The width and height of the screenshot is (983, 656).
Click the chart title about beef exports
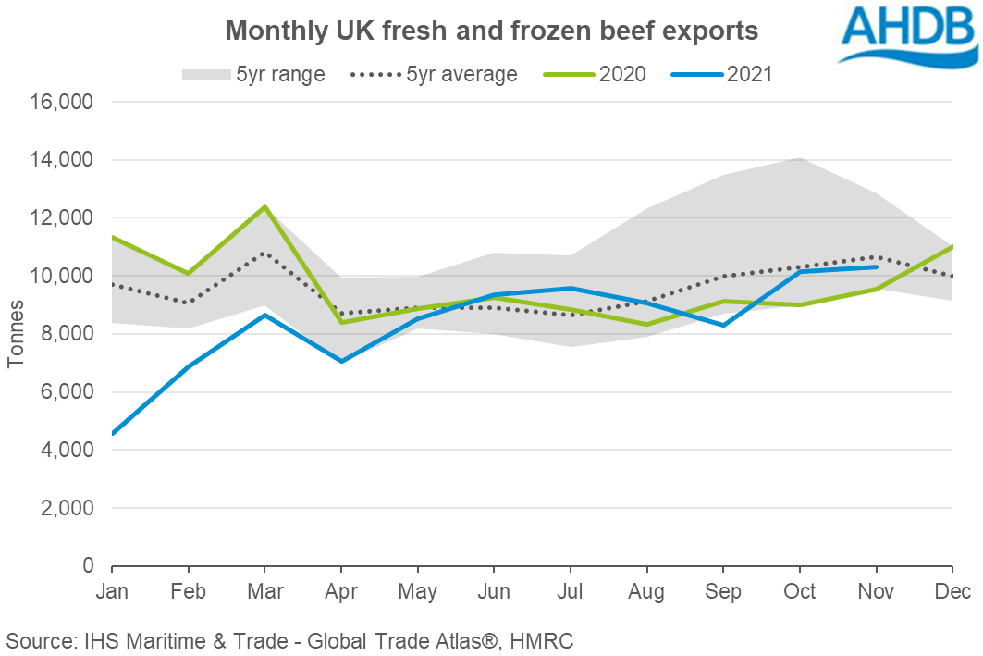coord(492,31)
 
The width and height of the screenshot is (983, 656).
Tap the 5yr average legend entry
coord(435,74)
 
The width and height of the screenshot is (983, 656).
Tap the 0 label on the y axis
coord(89,566)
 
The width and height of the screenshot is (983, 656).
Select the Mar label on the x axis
coord(264,590)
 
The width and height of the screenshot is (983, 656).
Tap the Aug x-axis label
coord(646,590)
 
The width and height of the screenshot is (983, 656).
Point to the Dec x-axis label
coord(951,590)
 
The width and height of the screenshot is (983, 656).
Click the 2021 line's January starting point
coord(112,433)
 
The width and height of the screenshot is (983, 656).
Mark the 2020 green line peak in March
coord(264,206)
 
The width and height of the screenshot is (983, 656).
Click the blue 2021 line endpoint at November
coord(876,266)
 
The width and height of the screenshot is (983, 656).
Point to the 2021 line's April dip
coord(341,361)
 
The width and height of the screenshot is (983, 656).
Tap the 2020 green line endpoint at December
coord(952,246)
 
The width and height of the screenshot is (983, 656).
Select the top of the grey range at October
coord(799,157)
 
